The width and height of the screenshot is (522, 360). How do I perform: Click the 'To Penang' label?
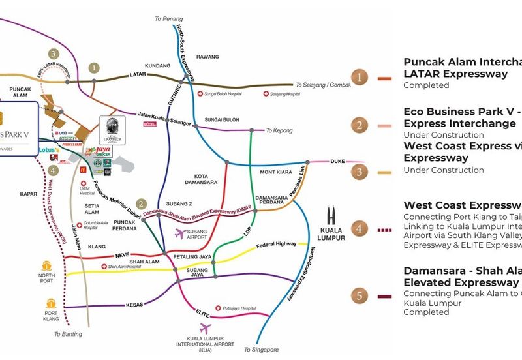pos(169,19)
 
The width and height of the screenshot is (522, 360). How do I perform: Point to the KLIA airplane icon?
pos(207,328)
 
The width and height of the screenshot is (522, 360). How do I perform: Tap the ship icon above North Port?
pos(47,266)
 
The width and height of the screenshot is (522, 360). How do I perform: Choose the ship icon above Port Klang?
pos(52,304)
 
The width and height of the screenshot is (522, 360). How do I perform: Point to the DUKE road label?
pos(337,160)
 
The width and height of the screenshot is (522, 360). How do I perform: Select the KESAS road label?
pos(134,305)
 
